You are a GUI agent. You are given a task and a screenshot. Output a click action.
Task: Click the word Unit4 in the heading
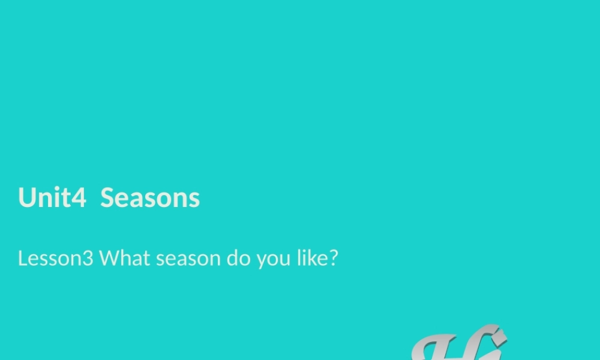coord(52,197)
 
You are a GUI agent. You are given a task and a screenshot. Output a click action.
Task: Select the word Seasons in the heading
coord(150,197)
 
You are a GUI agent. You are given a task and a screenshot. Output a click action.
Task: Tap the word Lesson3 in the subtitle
coord(55,259)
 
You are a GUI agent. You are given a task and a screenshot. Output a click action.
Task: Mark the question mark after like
coord(334,259)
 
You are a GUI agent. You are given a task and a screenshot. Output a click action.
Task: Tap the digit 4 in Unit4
coord(79,197)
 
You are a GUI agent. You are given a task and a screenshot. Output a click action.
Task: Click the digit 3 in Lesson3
coord(88,259)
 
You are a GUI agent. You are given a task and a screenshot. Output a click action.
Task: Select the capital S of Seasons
coord(107,197)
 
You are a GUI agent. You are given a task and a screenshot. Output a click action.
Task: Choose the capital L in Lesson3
coord(22,259)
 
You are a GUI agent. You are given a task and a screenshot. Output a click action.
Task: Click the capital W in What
coord(110,259)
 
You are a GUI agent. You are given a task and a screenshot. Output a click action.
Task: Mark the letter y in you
coord(261,261)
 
